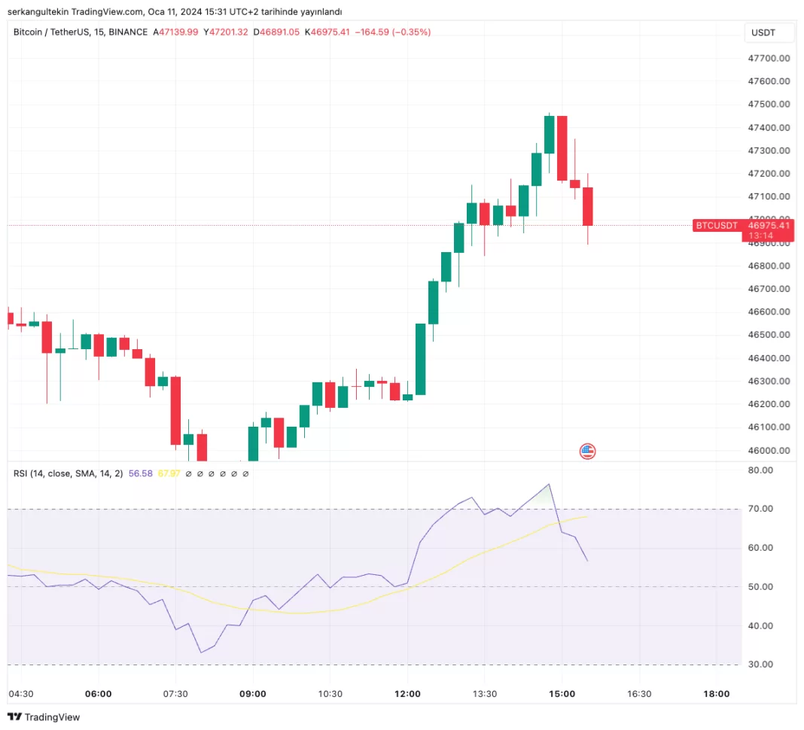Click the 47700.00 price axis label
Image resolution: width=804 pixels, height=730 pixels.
coord(768,58)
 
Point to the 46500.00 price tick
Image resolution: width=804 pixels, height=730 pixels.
coord(768,335)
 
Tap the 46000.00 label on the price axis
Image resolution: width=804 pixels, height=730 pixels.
coord(768,451)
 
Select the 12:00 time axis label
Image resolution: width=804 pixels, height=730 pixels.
coord(407,694)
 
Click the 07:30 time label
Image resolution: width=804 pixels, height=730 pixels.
coord(175,694)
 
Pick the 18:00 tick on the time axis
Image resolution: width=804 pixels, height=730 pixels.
coord(716,694)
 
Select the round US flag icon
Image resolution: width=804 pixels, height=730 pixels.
coord(587,452)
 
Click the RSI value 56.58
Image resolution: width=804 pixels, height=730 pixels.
coord(141,473)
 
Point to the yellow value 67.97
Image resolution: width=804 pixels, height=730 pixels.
coord(169,473)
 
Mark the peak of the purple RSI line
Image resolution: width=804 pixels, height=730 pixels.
coord(549,484)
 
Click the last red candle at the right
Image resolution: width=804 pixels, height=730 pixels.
coord(587,206)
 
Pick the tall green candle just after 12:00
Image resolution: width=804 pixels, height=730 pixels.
coord(420,359)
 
